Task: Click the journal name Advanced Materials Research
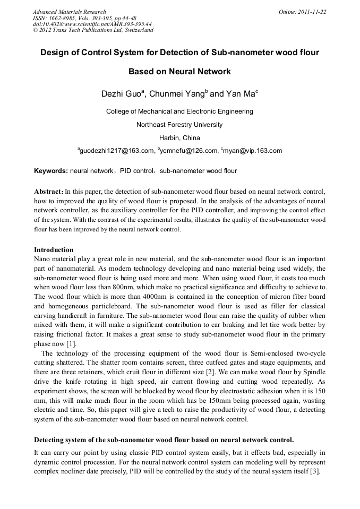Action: [70, 12]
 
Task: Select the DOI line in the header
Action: [92, 24]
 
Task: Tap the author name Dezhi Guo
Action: [121, 94]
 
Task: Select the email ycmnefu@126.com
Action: [188, 151]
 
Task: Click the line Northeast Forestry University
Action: [179, 125]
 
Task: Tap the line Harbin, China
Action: [179, 137]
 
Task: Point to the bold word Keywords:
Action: [51, 171]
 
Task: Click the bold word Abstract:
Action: [49, 191]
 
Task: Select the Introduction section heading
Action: [54, 249]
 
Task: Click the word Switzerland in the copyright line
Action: [139, 30]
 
